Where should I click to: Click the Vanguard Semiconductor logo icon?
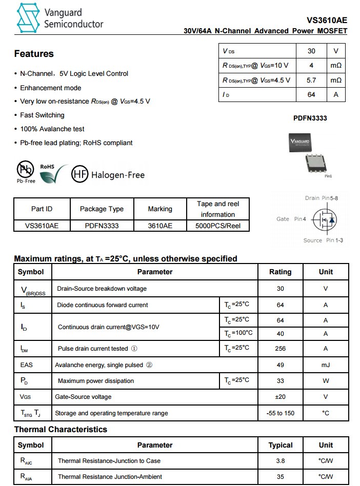click(x=28, y=18)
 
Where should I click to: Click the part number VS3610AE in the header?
click(x=327, y=21)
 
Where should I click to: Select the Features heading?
click(x=34, y=54)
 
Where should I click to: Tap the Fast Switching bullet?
click(x=42, y=115)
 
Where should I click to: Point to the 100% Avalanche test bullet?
click(x=52, y=129)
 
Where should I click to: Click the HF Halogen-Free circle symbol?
click(x=79, y=175)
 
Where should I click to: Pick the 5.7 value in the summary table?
click(x=311, y=80)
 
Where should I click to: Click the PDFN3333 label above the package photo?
click(x=310, y=118)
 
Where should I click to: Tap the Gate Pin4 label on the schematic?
click(x=291, y=219)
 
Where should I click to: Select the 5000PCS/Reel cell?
click(x=217, y=226)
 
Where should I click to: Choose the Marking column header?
click(x=160, y=209)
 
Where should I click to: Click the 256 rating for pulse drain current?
click(x=280, y=349)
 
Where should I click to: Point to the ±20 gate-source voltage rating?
click(x=280, y=397)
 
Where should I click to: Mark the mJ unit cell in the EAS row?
click(x=326, y=365)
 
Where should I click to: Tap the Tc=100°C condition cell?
click(x=238, y=333)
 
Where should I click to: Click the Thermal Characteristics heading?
click(x=61, y=430)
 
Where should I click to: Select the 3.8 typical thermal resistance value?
click(x=280, y=461)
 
